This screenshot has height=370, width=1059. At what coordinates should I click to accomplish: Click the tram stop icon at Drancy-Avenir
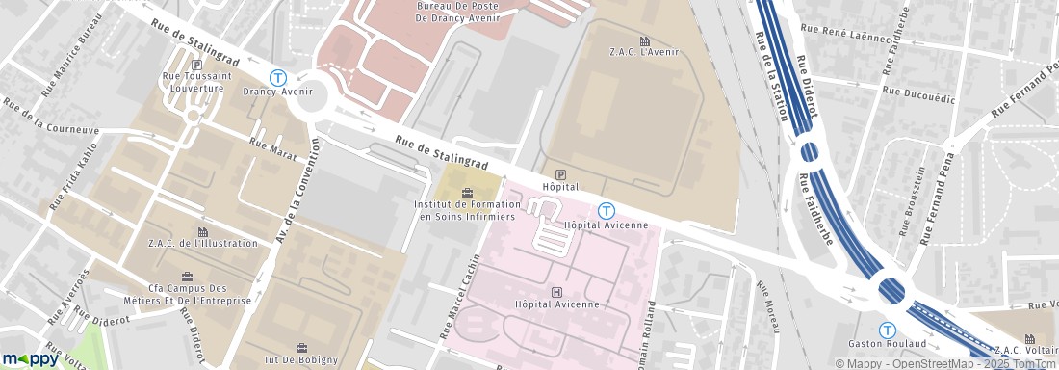click(x=278, y=77)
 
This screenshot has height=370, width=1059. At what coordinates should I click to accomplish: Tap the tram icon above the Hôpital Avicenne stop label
click(x=606, y=210)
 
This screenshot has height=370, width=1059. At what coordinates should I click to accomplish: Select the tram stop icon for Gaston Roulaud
click(x=887, y=329)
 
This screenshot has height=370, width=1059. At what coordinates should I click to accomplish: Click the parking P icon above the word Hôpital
click(x=560, y=173)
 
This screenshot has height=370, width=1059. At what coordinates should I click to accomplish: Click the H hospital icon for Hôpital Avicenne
click(x=555, y=291)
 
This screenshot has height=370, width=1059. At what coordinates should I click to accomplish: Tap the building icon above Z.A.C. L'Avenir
click(x=644, y=40)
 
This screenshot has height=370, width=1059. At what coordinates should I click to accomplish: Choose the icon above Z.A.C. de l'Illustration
click(x=202, y=231)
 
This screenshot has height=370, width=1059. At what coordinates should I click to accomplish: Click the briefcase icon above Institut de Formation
click(x=468, y=193)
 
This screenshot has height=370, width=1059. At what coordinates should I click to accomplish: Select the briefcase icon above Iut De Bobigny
click(x=301, y=347)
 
